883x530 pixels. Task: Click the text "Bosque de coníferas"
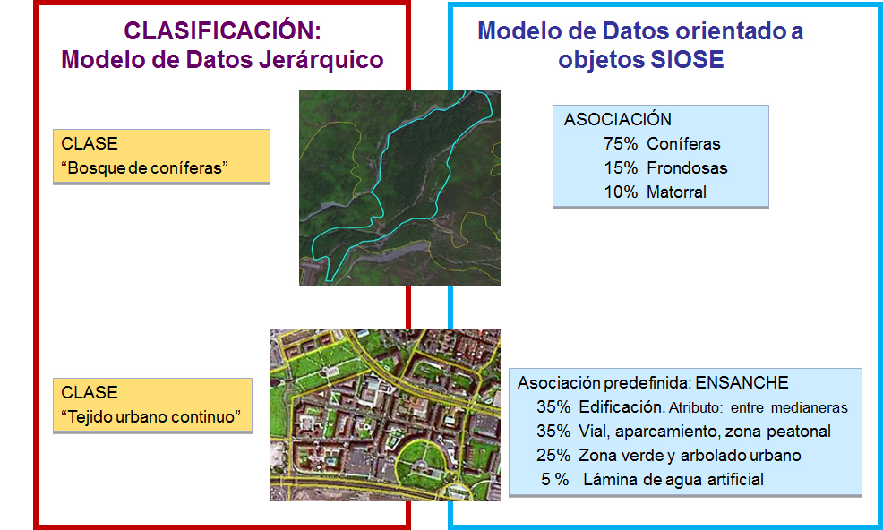click(145, 167)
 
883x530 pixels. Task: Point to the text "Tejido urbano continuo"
click(150, 417)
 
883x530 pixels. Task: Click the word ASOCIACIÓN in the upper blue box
click(618, 119)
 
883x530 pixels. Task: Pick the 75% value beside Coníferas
click(621, 143)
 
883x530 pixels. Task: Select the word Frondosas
click(687, 167)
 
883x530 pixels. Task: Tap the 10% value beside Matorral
click(621, 192)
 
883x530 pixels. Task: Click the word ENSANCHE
click(742, 383)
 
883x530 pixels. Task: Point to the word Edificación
click(622, 406)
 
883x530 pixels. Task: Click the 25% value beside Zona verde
click(553, 455)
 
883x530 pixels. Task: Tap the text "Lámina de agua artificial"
click(673, 479)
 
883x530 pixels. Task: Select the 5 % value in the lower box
click(554, 479)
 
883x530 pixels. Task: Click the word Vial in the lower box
click(594, 432)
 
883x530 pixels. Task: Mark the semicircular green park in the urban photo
click(422, 462)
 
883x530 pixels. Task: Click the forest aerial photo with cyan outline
click(399, 187)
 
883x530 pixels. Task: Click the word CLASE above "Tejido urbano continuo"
click(90, 392)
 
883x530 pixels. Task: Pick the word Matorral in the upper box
click(676, 192)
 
